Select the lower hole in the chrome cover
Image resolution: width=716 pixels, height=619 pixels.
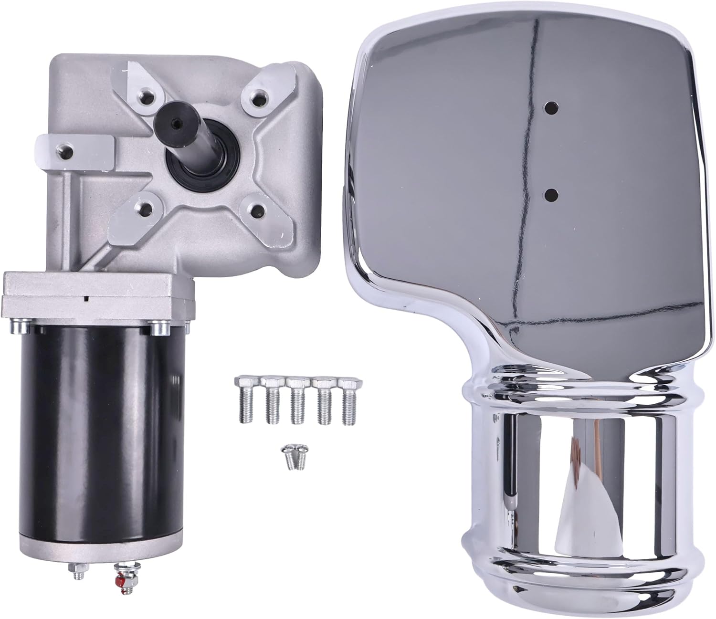coord(552,194)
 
